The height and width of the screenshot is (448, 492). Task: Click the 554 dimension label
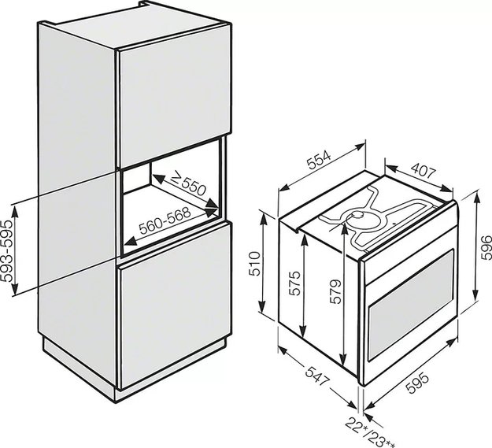pyautogui.click(x=319, y=161)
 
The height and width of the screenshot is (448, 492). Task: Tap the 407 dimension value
pyautogui.click(x=424, y=171)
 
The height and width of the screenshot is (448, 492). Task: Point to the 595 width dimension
pyautogui.click(x=417, y=382)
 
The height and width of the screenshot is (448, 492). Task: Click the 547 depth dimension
pyautogui.click(x=317, y=376)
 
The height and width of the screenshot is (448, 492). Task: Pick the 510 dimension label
pyautogui.click(x=254, y=264)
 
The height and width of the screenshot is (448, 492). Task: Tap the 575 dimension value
pyautogui.click(x=294, y=283)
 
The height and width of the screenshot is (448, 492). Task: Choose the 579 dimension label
pyautogui.click(x=335, y=291)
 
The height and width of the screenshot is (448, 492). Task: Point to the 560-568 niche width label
pyautogui.click(x=165, y=220)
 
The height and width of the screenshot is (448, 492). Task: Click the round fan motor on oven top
pyautogui.click(x=357, y=215)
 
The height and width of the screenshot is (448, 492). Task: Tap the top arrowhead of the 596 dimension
pyautogui.click(x=476, y=196)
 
